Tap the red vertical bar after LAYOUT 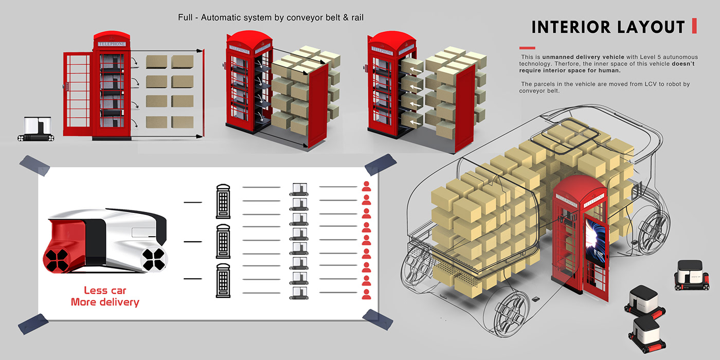click(x=694, y=26)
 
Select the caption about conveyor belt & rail click(x=271, y=18)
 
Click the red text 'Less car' click(x=105, y=291)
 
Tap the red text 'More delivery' click(x=105, y=302)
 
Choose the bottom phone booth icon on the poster click(x=223, y=281)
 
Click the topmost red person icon click(x=367, y=187)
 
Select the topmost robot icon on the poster click(x=299, y=189)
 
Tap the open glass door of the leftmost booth click(x=77, y=96)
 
